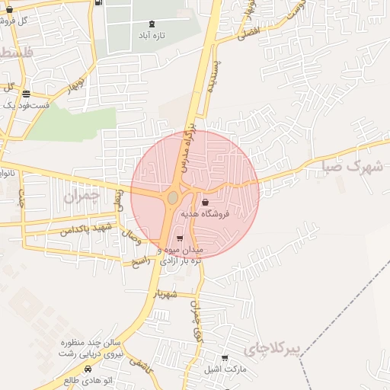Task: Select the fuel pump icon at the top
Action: [x=100, y=2]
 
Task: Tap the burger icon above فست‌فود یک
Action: [x=27, y=94]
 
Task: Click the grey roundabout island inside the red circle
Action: [x=173, y=197]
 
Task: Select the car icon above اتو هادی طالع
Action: [x=88, y=368]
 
